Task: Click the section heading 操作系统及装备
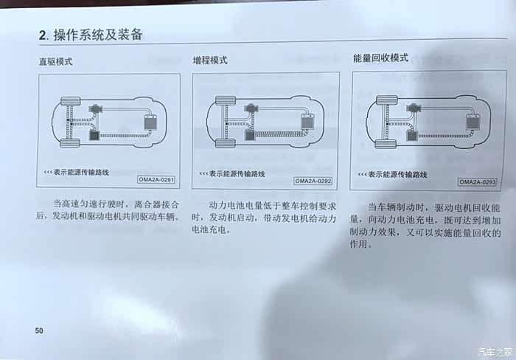pos(98,35)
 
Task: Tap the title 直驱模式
pos(55,61)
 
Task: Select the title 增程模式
pos(210,60)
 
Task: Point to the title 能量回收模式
pos(381,58)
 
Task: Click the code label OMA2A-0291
pos(156,179)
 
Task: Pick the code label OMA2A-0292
pos(313,181)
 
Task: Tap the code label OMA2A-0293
pos(477,182)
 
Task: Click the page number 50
pos(39,330)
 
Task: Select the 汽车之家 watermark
pos(495,352)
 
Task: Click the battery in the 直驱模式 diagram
pos(150,122)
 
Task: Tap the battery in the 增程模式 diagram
pos(307,121)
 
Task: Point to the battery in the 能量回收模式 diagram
pos(473,122)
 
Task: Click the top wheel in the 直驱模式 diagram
pos(71,101)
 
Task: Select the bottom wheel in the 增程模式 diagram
pos(226,143)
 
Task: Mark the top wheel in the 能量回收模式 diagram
pos(387,100)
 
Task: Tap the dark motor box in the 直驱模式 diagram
pos(95,136)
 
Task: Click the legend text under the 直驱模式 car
pos(77,173)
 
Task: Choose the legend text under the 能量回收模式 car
pos(393,175)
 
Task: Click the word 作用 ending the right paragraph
pos(358,244)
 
